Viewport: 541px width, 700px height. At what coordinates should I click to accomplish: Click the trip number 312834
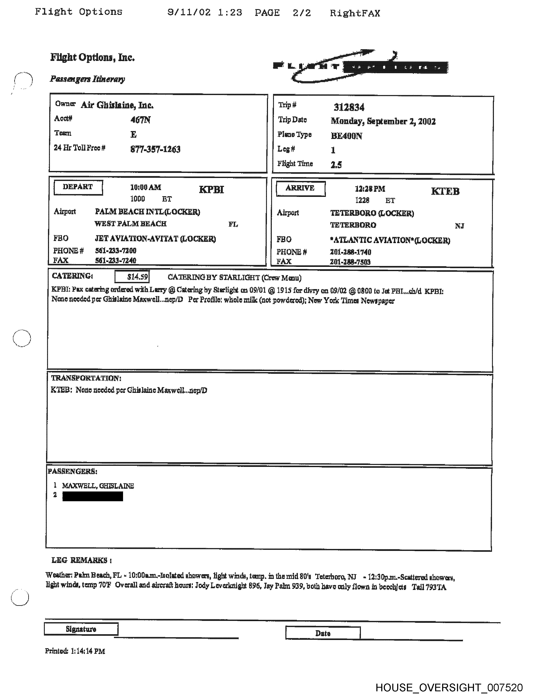(x=349, y=107)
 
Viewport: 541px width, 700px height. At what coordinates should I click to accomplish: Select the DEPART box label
(x=78, y=187)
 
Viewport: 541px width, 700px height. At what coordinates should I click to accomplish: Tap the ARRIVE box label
(x=300, y=188)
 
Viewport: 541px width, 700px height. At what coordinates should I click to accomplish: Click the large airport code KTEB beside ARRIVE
(x=445, y=191)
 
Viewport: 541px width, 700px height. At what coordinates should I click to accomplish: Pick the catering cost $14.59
(x=132, y=277)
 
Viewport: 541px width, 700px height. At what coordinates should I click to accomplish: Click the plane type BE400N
(x=346, y=136)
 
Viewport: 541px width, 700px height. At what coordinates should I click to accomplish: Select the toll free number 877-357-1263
(x=155, y=149)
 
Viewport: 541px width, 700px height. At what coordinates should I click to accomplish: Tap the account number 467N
(x=140, y=120)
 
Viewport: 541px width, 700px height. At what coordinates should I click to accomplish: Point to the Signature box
(x=81, y=629)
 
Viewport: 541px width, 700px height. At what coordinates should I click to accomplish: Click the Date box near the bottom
(x=323, y=633)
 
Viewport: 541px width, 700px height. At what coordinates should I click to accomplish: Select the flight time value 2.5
(x=336, y=165)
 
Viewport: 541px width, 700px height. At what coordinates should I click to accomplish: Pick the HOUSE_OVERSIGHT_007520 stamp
(x=449, y=687)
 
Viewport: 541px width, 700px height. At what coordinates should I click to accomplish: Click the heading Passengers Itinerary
(x=87, y=79)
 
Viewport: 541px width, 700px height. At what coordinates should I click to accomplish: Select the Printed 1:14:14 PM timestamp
(x=75, y=651)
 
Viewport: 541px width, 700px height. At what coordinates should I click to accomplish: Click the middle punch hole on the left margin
(x=22, y=338)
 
